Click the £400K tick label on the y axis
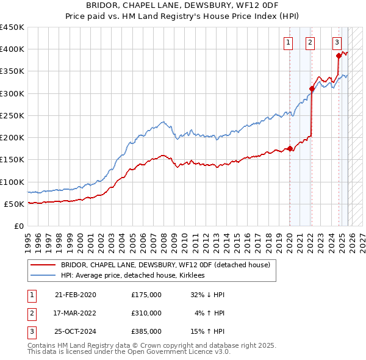click(12, 49)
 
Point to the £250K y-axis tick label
click(12, 115)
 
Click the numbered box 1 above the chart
click(288, 43)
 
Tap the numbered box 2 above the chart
click(310, 43)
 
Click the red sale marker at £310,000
click(312, 88)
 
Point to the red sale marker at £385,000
click(339, 56)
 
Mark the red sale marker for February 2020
click(290, 148)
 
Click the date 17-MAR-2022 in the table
click(76, 313)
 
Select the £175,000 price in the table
click(146, 295)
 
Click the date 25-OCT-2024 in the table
click(76, 331)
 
